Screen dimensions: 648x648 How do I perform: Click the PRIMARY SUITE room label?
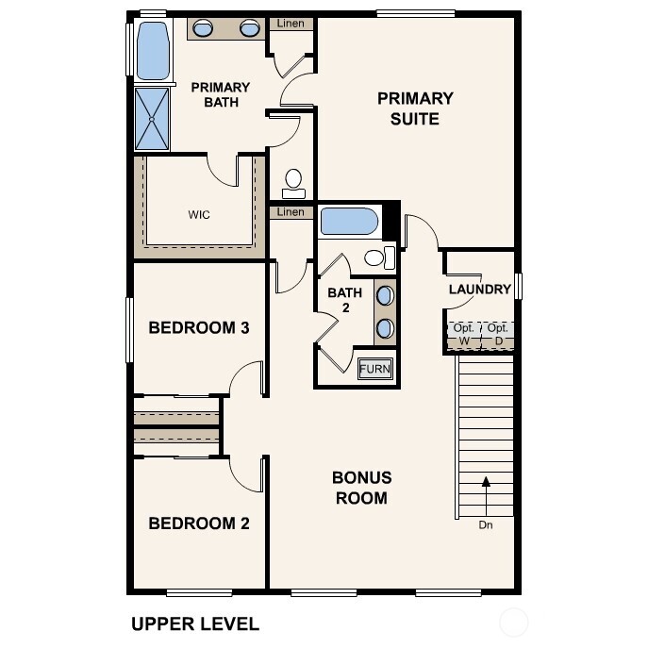415,108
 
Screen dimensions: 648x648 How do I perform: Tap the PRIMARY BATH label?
220,94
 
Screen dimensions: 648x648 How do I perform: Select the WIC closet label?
199,214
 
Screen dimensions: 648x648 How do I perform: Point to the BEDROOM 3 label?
199,328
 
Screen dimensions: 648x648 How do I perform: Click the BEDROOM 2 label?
199,523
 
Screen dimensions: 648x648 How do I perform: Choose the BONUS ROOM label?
361,488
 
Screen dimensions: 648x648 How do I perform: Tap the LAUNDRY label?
479,290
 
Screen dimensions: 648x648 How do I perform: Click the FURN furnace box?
375,368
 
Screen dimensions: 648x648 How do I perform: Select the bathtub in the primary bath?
152,51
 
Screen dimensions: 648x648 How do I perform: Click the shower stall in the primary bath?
153,119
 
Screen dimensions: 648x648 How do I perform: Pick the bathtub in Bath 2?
349,223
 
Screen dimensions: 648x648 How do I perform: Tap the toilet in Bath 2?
376,258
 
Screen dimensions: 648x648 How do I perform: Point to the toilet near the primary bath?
293,179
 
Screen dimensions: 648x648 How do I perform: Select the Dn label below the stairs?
486,525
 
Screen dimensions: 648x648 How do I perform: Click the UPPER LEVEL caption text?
194,623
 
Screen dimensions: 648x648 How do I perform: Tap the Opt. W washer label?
463,333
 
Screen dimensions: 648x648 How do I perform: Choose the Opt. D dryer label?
498,333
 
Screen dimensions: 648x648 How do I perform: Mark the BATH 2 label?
344,300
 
